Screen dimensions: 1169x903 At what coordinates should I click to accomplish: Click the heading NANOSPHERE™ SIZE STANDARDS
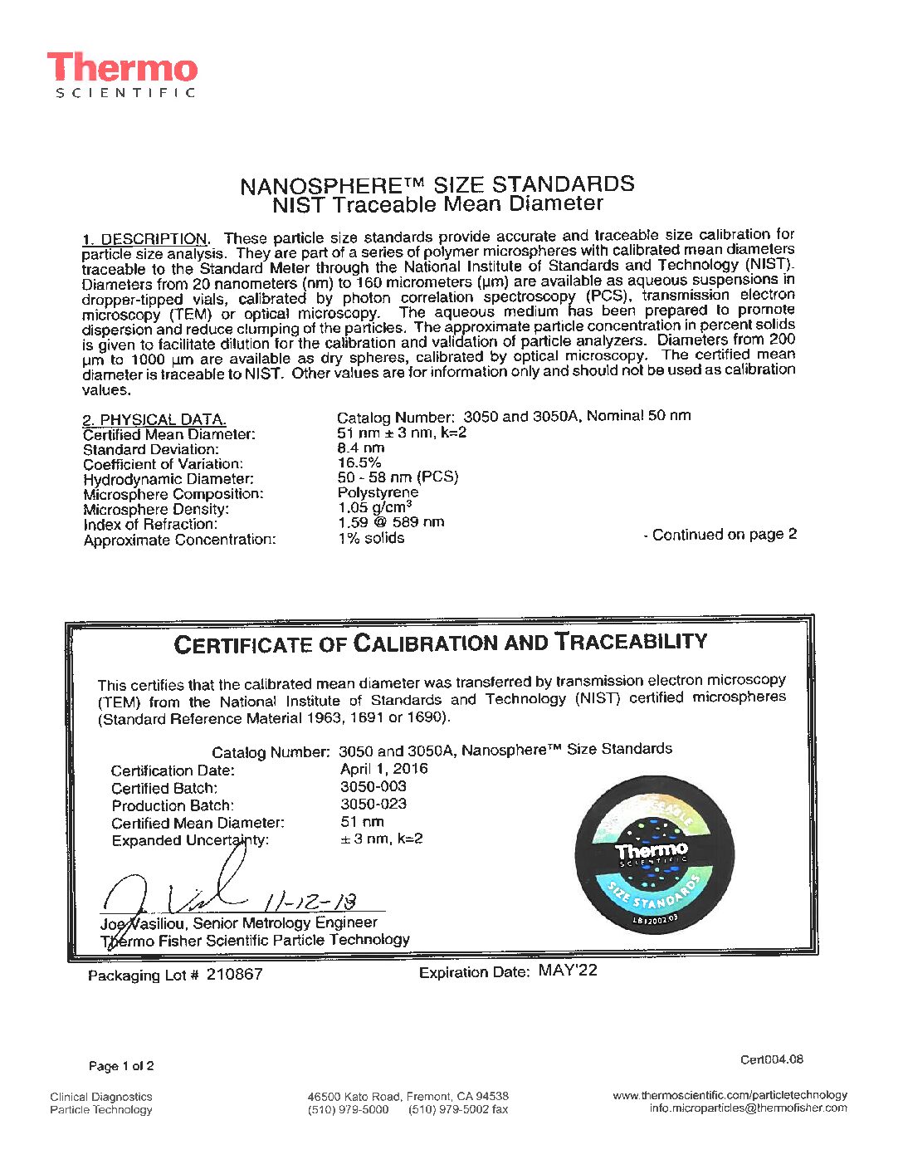[437, 184]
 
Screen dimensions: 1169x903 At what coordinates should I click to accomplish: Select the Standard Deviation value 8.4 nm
[361, 448]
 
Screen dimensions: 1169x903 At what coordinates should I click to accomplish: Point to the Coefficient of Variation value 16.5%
[359, 462]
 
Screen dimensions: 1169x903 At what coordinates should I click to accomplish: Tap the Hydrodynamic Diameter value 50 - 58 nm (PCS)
[398, 477]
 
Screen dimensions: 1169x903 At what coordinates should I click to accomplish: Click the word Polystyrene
[378, 492]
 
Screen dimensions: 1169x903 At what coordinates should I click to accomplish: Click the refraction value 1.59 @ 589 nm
[391, 522]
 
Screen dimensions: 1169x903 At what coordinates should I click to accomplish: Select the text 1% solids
[371, 538]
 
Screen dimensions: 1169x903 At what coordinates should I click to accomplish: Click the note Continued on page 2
[720, 535]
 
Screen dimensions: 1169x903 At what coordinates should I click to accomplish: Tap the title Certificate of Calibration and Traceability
[440, 643]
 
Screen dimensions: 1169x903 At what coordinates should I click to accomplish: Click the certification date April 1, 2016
[384, 769]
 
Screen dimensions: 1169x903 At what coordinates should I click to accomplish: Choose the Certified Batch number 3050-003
[373, 786]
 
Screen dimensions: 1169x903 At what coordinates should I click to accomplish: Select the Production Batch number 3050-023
[373, 804]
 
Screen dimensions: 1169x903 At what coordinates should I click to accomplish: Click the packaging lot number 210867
[234, 975]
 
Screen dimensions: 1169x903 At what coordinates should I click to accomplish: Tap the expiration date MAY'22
[568, 971]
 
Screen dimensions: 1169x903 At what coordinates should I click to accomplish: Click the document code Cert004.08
[772, 1059]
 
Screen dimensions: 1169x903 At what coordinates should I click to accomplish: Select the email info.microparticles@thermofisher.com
[748, 1108]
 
